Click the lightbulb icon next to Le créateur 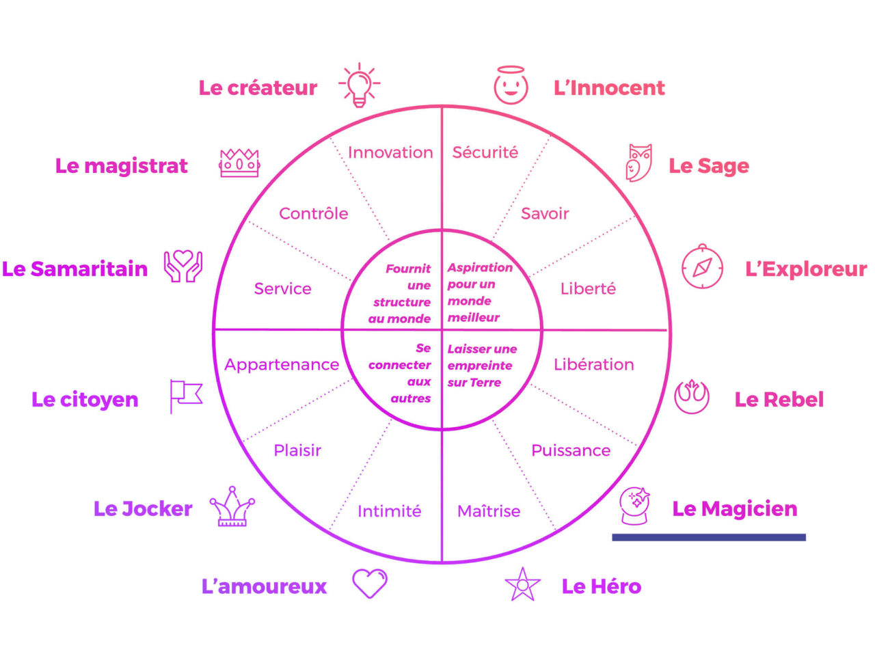point(359,85)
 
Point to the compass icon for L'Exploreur point(702,266)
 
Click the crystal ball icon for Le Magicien point(634,506)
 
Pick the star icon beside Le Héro point(522,585)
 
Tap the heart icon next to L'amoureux point(370,584)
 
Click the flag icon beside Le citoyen point(186,396)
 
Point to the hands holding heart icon point(183,266)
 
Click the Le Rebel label point(779,400)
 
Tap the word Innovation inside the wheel point(390,152)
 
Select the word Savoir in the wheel point(545,214)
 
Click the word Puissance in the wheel point(571,450)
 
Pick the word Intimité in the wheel point(389,511)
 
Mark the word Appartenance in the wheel point(282,365)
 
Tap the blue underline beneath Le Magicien point(708,537)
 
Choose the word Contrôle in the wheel point(314,214)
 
